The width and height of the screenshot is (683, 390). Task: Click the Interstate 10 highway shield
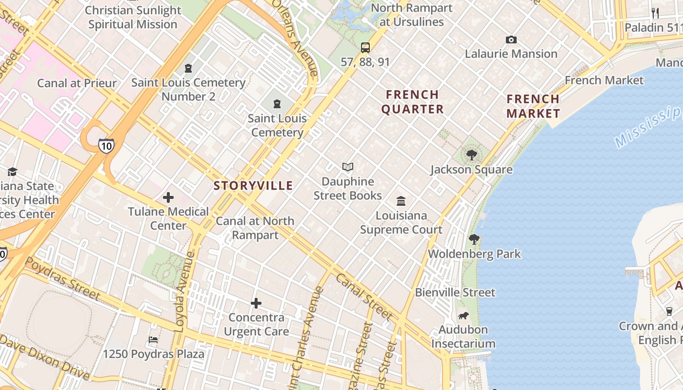pos(106,145)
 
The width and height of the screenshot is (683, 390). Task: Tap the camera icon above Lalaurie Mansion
pos(511,40)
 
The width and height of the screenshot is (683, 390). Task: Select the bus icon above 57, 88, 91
pos(365,48)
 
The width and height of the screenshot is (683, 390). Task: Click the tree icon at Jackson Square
pos(471,156)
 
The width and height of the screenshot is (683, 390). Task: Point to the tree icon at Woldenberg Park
pos(474,239)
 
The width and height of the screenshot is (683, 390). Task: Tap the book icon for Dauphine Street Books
pos(348,167)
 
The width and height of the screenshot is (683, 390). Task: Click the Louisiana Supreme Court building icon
pos(401,201)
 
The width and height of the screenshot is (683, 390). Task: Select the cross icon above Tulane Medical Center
pos(168,197)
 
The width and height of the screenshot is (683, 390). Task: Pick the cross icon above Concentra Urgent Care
pos(256,303)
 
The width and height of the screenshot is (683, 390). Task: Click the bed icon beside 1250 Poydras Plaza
pos(153,339)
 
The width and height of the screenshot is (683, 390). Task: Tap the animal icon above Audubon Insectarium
pos(463,315)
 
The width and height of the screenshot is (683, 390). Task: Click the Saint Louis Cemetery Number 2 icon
pos(188,69)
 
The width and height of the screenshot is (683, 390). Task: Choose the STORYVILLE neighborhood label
pos(253,186)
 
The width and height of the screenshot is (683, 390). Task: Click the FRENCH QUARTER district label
pos(413,102)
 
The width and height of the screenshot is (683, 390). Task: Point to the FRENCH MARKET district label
pos(533,106)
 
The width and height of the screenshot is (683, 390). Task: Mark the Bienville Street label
pos(455,292)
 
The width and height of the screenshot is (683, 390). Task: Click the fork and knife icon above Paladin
pos(655,13)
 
